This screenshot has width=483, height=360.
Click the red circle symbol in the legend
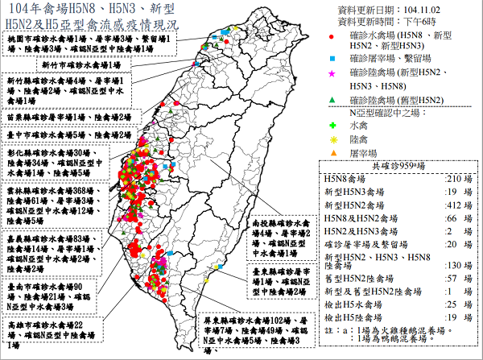332,38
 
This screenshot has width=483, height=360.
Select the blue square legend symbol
332,59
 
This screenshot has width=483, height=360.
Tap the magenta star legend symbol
332,74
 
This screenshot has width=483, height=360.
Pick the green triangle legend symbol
332,99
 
